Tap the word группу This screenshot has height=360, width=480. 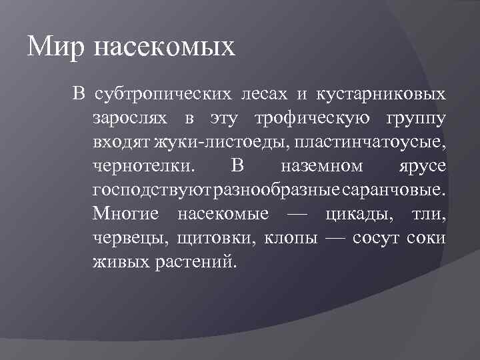tap(417, 119)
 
